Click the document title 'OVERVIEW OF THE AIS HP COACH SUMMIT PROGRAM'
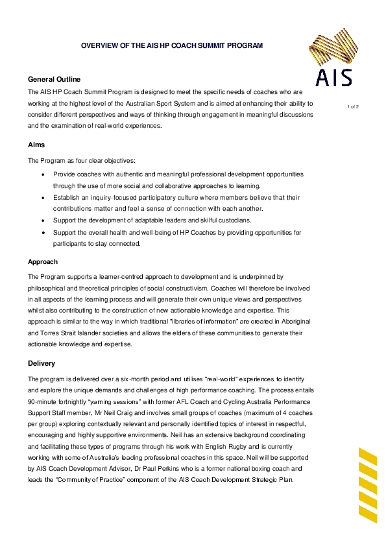tap(171, 46)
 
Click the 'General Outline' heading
tap(54, 79)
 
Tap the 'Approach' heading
tap(43, 262)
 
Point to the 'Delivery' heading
tap(42, 363)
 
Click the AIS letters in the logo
tap(334, 78)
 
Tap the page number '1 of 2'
tap(353, 106)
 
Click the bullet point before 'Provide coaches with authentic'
tap(43, 175)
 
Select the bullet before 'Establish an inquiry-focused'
tap(43, 198)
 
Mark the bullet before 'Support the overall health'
tap(43, 233)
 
